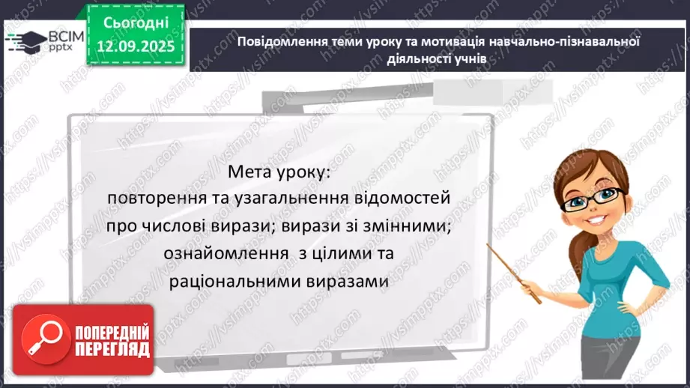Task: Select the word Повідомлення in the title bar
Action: click(277, 41)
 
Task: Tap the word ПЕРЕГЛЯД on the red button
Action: click(112, 351)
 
